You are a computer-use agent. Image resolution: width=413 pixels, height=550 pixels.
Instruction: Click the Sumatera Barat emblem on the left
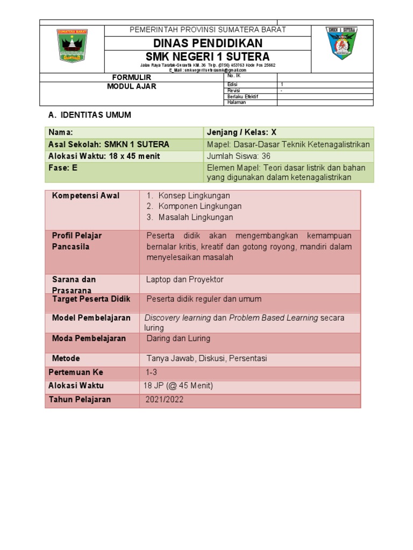click(x=72, y=46)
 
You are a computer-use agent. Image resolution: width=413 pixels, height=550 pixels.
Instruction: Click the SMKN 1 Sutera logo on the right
click(x=342, y=44)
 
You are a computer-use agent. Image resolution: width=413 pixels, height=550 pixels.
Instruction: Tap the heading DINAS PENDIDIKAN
click(x=208, y=44)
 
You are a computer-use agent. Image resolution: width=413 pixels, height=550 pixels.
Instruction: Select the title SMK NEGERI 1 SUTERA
click(x=208, y=57)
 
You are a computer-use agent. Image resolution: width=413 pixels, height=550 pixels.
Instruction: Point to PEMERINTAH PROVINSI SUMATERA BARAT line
click(x=208, y=30)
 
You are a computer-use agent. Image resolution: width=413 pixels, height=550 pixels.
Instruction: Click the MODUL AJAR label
click(x=132, y=86)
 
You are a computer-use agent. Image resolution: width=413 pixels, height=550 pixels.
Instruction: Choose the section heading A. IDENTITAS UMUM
click(x=90, y=115)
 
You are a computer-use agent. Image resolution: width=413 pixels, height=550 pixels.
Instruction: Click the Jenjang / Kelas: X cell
click(x=241, y=133)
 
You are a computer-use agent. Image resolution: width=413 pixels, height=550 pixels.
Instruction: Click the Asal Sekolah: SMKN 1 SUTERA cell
click(x=109, y=144)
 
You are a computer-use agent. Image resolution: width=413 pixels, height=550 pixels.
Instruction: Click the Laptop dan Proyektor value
click(x=184, y=280)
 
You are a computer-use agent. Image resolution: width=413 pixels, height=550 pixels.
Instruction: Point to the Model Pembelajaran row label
click(x=91, y=318)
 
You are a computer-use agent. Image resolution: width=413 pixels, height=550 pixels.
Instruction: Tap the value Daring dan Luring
click(x=178, y=338)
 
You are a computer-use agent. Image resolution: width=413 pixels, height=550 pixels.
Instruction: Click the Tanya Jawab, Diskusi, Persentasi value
click(x=206, y=358)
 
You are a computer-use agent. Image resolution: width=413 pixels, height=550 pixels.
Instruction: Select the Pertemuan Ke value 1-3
click(x=151, y=372)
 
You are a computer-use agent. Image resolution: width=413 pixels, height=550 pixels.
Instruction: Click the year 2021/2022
click(x=163, y=400)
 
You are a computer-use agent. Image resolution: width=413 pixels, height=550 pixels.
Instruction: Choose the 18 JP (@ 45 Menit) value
click(x=178, y=386)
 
